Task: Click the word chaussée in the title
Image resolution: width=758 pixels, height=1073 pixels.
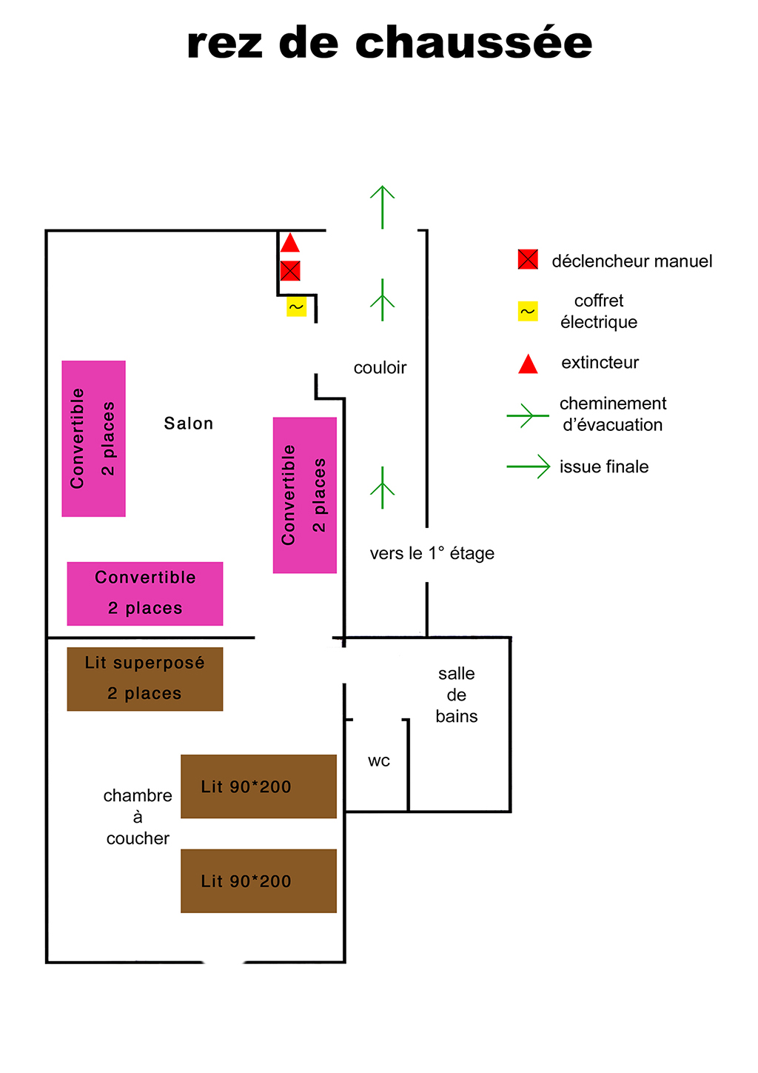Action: pos(474,43)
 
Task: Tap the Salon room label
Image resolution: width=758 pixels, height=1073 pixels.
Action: pos(188,424)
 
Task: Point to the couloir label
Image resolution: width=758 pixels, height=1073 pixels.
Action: pos(380,368)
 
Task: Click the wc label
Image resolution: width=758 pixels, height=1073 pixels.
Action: pos(378,761)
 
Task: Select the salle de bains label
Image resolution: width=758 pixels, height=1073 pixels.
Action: pos(456,695)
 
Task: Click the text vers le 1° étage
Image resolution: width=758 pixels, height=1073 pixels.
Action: pos(432,554)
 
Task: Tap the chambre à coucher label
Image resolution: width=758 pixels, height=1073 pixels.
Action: pos(138,817)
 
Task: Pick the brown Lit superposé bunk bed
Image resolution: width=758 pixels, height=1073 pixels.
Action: pos(145,679)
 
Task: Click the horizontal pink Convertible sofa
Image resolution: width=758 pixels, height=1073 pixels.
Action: pos(145,593)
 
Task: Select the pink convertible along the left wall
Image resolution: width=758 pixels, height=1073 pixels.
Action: pos(93,438)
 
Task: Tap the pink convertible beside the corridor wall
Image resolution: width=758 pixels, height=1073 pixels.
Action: pos(305,495)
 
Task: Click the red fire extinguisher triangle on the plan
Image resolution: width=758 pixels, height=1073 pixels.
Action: pos(290,244)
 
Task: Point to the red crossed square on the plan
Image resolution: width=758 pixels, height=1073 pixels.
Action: pos(290,271)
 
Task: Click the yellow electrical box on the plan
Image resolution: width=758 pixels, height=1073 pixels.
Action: pos(296,307)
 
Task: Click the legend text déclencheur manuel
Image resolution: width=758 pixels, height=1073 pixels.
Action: pos(631,261)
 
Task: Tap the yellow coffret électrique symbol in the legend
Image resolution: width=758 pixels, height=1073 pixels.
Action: pos(528,312)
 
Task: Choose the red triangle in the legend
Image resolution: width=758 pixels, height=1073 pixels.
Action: pos(528,364)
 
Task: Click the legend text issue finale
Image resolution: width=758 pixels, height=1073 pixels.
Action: pos(604,467)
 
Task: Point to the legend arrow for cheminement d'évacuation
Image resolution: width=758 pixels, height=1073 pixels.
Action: pos(527,415)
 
